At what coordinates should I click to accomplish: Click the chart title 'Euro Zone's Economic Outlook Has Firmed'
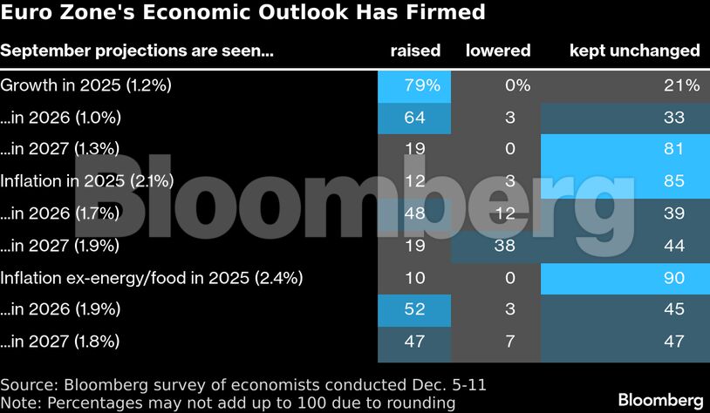[243, 15]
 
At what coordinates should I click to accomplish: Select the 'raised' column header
[415, 51]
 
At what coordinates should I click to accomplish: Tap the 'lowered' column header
[498, 51]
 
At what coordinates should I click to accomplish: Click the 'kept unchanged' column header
[634, 51]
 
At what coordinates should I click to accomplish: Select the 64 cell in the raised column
[415, 118]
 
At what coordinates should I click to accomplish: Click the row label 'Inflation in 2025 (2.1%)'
[87, 181]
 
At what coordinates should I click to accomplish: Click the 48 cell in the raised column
[415, 213]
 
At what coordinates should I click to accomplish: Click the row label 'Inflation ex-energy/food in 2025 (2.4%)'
[152, 278]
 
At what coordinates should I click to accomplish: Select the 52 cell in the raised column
[415, 309]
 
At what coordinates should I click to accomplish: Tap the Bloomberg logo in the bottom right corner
[660, 399]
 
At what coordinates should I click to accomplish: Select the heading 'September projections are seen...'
[137, 51]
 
